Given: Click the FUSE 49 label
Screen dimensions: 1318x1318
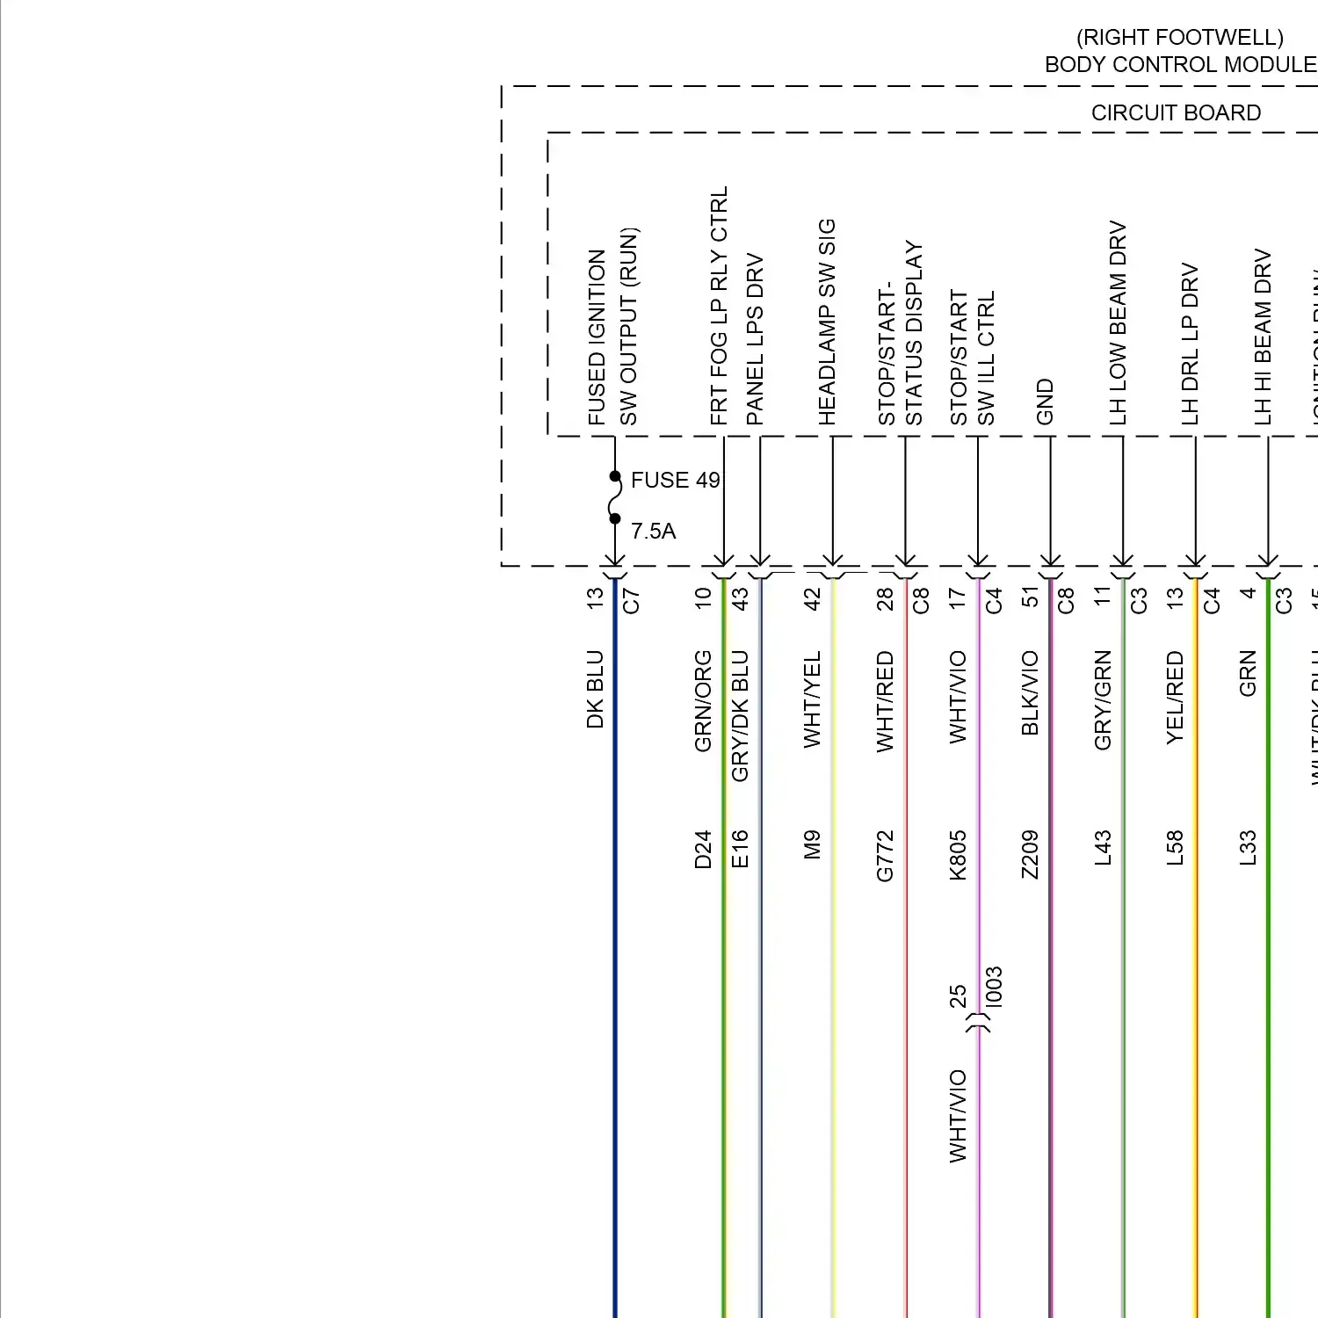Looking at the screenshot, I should click(675, 481).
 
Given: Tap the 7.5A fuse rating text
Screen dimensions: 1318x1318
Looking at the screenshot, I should click(653, 532).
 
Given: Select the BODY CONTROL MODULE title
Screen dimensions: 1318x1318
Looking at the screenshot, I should click(1180, 65).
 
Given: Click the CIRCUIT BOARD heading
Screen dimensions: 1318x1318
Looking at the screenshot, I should click(1176, 113).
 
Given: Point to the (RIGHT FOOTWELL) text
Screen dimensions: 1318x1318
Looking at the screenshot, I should click(1180, 38).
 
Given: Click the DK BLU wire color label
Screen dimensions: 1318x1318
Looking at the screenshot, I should click(595, 690).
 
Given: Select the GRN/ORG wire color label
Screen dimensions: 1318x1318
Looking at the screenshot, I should click(703, 701).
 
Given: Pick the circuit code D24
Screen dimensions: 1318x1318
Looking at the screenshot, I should click(703, 850).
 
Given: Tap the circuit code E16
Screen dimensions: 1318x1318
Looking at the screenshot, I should click(740, 850).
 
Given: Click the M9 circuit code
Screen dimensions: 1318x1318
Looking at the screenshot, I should click(812, 845).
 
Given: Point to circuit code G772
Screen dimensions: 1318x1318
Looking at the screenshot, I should click(885, 856).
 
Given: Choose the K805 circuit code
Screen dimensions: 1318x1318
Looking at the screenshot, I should click(958, 856).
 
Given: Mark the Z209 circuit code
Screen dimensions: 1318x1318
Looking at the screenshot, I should click(1030, 855).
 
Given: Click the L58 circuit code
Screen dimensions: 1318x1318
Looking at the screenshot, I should click(1175, 849).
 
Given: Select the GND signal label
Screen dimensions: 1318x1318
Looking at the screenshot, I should click(1045, 402).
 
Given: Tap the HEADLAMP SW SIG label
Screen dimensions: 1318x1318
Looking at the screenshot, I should click(827, 322).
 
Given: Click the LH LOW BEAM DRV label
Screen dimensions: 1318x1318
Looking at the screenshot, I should click(1118, 323).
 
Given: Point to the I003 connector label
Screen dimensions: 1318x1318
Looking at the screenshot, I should click(994, 987).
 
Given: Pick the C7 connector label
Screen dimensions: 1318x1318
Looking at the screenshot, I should click(631, 601).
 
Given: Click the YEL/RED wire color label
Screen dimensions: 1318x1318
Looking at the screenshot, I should click(1175, 698).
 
